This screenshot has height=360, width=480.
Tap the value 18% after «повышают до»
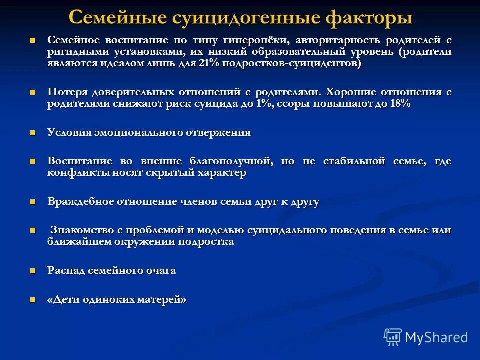click(399, 104)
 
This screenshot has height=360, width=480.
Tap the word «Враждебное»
click(80, 202)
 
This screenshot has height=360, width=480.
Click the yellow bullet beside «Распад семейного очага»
click(33, 271)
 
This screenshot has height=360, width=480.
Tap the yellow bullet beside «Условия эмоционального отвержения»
click(33, 133)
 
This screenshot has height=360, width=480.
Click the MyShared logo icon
click(393, 336)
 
